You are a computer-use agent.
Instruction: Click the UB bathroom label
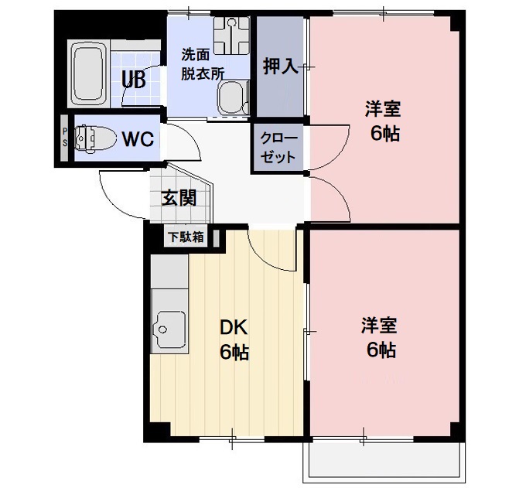(x=133, y=79)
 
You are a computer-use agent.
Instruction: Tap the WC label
(x=138, y=139)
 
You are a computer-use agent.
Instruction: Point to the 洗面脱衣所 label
(x=202, y=65)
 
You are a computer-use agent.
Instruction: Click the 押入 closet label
(x=280, y=67)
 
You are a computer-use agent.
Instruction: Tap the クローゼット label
(x=279, y=148)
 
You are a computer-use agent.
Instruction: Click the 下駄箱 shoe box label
(x=186, y=237)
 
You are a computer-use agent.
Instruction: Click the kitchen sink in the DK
(x=168, y=329)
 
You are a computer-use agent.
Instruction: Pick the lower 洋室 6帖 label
(x=381, y=337)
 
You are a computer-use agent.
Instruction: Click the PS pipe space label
(x=65, y=138)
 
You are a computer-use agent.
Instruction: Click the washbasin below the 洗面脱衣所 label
(x=231, y=97)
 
